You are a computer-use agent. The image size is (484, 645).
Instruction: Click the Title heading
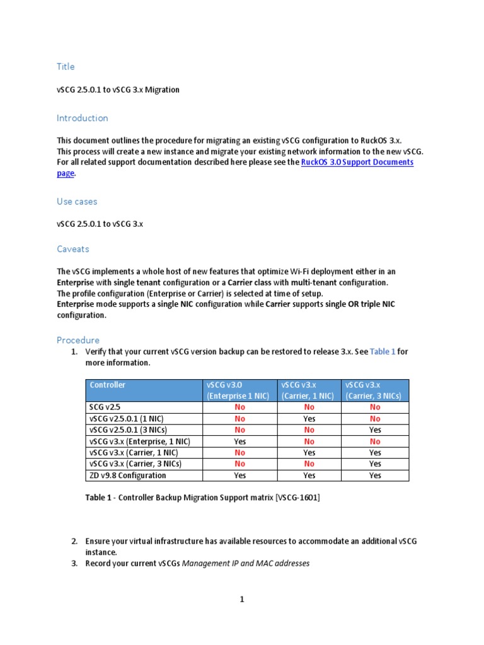[66, 67]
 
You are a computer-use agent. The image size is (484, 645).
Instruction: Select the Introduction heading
[82, 118]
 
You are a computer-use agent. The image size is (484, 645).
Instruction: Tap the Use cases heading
[77, 202]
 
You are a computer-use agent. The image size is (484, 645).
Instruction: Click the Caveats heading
[73, 249]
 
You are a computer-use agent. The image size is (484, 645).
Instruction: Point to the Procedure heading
[78, 340]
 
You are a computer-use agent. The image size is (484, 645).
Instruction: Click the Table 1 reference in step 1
[383, 351]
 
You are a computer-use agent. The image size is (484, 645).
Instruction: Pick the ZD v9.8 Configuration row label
[128, 476]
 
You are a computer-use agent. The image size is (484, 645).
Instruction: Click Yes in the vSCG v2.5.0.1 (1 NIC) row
[309, 419]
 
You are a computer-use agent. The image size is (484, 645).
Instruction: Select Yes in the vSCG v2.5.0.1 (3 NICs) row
[375, 430]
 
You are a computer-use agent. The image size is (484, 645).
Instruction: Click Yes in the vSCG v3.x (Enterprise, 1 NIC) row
[239, 442]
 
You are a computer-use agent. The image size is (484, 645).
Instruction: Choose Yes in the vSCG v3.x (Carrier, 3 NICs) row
[375, 464]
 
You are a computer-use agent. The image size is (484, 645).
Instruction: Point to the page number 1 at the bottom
[241, 600]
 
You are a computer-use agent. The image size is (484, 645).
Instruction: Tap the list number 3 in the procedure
[74, 564]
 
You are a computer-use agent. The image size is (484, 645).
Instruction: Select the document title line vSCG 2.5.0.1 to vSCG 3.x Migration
[118, 90]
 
